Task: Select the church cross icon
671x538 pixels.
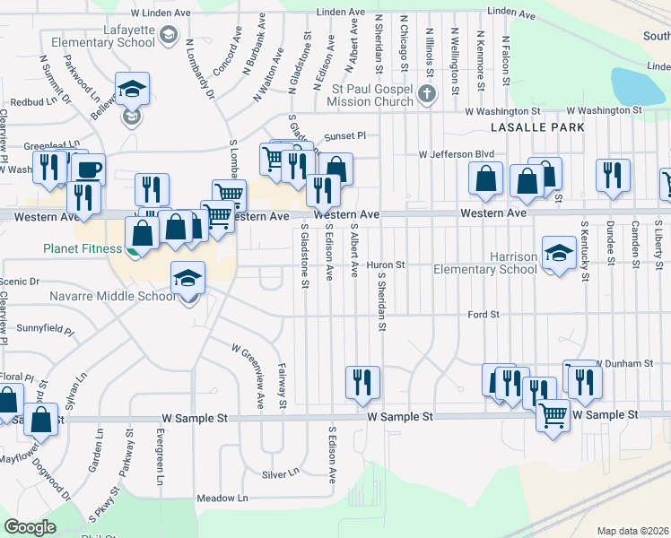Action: pos(426,93)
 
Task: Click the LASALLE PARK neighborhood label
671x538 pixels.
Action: pos(539,127)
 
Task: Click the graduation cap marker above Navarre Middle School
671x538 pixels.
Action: pos(187,279)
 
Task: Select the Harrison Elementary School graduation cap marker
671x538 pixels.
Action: pos(559,254)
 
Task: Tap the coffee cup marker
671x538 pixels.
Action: pos(87,169)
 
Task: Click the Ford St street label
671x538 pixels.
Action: pos(483,315)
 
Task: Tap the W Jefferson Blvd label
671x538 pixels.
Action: pos(457,153)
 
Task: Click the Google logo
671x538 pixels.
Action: pos(30,527)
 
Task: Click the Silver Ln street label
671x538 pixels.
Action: pos(280,473)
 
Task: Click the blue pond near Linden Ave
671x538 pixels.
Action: pos(638,87)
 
